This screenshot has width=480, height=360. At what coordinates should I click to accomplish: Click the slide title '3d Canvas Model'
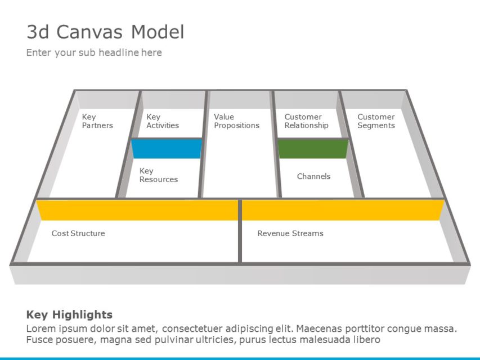point(105,32)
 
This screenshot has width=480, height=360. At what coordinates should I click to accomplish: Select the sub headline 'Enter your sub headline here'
point(94,53)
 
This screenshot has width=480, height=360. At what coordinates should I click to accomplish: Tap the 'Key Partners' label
point(97,121)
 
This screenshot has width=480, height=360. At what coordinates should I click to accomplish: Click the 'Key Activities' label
point(162,121)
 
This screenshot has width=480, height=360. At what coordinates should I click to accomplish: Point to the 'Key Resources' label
point(158,175)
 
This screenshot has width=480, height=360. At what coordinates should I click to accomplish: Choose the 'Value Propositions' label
point(236,121)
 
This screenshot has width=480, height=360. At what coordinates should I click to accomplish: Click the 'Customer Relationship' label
point(306,121)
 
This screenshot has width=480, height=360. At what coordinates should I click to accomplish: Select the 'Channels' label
point(313,177)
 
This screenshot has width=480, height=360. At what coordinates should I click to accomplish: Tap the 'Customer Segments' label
point(376,121)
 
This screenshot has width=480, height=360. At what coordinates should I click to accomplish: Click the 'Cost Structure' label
point(78,233)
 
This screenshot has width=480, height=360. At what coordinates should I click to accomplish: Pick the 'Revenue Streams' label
point(290,233)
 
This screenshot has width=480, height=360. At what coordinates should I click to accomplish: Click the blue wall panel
point(167,149)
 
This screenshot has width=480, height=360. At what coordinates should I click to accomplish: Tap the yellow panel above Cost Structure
point(138,210)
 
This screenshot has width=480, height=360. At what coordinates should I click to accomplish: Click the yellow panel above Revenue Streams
point(342,210)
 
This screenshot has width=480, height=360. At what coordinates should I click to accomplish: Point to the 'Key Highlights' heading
point(69,315)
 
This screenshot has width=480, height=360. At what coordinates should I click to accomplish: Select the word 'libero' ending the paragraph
point(365,340)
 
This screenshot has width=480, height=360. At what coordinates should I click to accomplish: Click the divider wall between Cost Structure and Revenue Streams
point(240,231)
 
